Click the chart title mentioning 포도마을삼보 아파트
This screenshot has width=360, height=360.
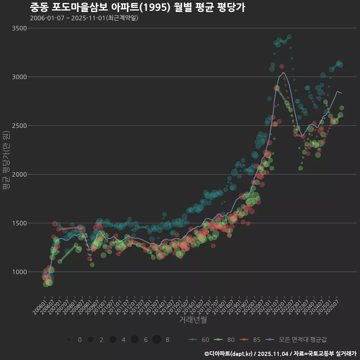[x=137, y=7]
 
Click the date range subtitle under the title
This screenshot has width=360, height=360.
[x=84, y=18]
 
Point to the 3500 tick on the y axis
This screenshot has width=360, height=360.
[x=19, y=28]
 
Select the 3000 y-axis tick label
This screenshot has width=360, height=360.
[x=19, y=77]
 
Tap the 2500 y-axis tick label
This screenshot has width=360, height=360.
[x=19, y=126]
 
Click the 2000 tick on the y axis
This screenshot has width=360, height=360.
[x=19, y=174]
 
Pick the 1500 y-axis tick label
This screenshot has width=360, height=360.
[x=19, y=223]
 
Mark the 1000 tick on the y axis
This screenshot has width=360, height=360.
[x=19, y=272]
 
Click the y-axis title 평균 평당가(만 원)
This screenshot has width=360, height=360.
[x=6, y=161]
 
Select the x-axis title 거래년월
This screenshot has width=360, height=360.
[x=193, y=319]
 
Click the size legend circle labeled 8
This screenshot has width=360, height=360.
[x=157, y=340]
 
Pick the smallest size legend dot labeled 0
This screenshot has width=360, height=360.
[x=69, y=340]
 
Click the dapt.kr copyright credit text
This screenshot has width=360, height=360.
[x=280, y=354]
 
